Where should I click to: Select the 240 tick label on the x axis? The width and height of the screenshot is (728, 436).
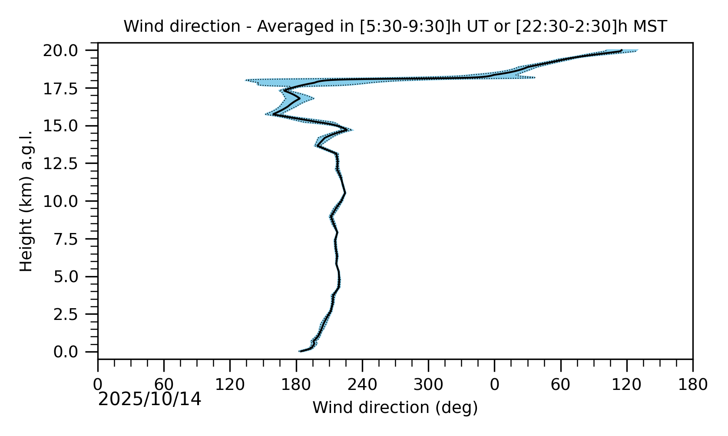[x=362, y=385]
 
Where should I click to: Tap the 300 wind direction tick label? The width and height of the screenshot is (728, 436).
[x=428, y=385]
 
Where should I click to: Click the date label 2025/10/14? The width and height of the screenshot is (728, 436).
[x=150, y=399]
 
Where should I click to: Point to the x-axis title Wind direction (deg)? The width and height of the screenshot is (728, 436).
[x=395, y=408]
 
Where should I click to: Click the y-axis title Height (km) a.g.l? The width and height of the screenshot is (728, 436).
[x=26, y=201]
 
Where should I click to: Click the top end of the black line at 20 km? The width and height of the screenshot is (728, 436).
[x=622, y=50]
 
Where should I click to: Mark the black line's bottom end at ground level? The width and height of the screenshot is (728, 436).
[x=300, y=351]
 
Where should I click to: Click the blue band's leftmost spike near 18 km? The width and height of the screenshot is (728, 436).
[x=246, y=80]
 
